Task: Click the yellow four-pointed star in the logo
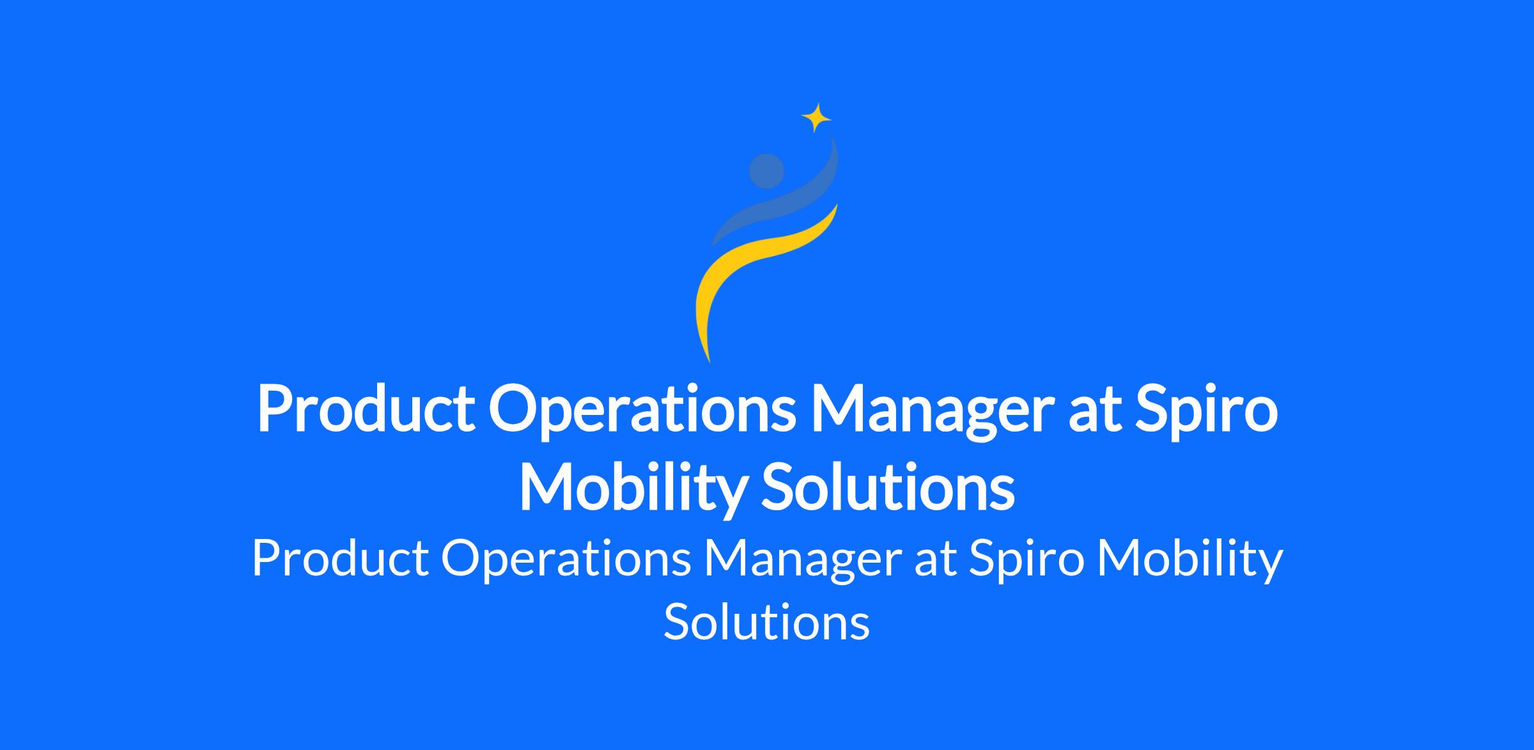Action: [816, 118]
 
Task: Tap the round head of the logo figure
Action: [766, 171]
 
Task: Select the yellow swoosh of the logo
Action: [754, 269]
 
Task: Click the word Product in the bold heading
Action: [366, 410]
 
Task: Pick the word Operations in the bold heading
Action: [642, 410]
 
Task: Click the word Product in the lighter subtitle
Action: [340, 558]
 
